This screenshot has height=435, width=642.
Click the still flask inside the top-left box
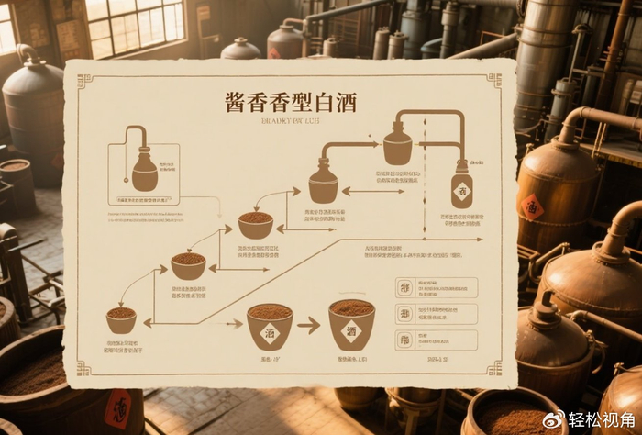coord(144,171)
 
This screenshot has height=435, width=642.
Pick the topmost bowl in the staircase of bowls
coord(255,224)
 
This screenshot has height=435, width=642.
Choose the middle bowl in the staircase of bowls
coord(188,265)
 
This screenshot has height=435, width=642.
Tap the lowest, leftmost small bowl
coord(121,318)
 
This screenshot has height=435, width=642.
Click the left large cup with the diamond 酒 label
coord(270,326)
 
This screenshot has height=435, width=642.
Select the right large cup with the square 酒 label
coord(351,324)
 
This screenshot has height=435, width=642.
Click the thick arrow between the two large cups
coord(309,325)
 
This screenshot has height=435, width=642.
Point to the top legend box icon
coord(404,288)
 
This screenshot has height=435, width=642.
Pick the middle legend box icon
coord(404,314)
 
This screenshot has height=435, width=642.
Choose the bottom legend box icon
coord(404,340)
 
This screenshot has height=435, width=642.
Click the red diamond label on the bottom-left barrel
coord(117,408)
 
